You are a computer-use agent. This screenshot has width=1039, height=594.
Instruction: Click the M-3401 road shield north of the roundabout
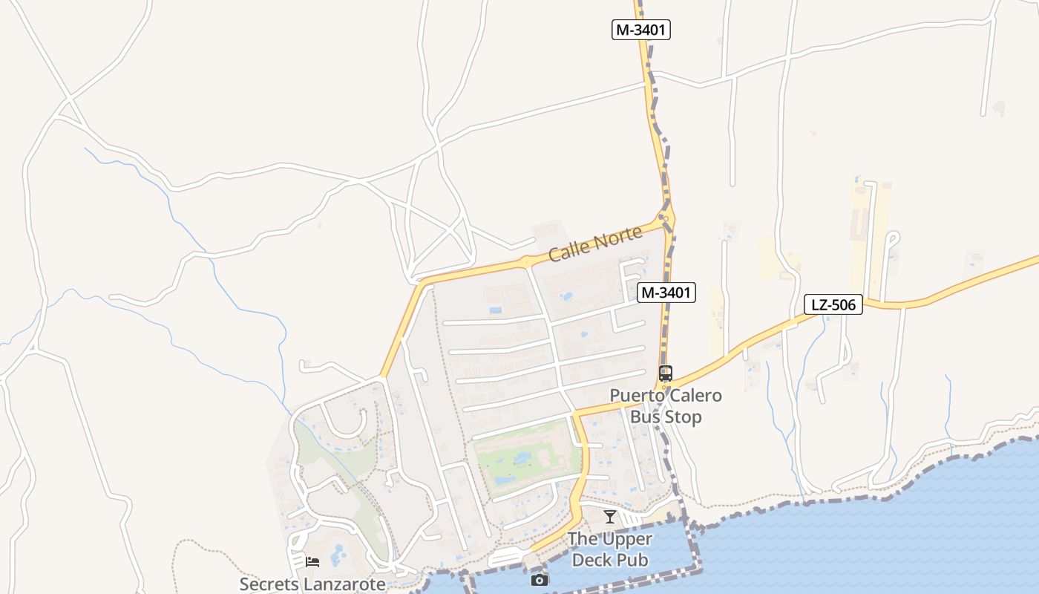(641, 30)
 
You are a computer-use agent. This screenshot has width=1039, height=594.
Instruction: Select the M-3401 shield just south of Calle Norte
(666, 293)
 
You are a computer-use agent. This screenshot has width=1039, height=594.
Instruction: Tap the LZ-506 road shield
(833, 304)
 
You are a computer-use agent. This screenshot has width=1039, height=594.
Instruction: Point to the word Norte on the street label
(617, 238)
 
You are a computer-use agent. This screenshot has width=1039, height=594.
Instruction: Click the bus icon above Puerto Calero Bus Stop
(665, 373)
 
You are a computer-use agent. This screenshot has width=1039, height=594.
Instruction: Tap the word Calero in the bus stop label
(694, 395)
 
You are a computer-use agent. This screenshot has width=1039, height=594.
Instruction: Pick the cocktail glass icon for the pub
(610, 517)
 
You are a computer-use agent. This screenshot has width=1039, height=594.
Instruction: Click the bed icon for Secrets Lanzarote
(312, 561)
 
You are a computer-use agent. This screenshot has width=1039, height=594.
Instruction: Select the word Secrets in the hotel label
(268, 584)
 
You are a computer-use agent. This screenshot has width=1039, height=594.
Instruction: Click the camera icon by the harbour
(540, 580)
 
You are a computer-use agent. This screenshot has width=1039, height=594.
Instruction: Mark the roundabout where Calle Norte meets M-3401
(665, 218)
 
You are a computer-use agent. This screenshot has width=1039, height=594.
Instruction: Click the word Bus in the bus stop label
(645, 417)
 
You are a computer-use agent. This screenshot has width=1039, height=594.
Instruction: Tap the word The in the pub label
(583, 539)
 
